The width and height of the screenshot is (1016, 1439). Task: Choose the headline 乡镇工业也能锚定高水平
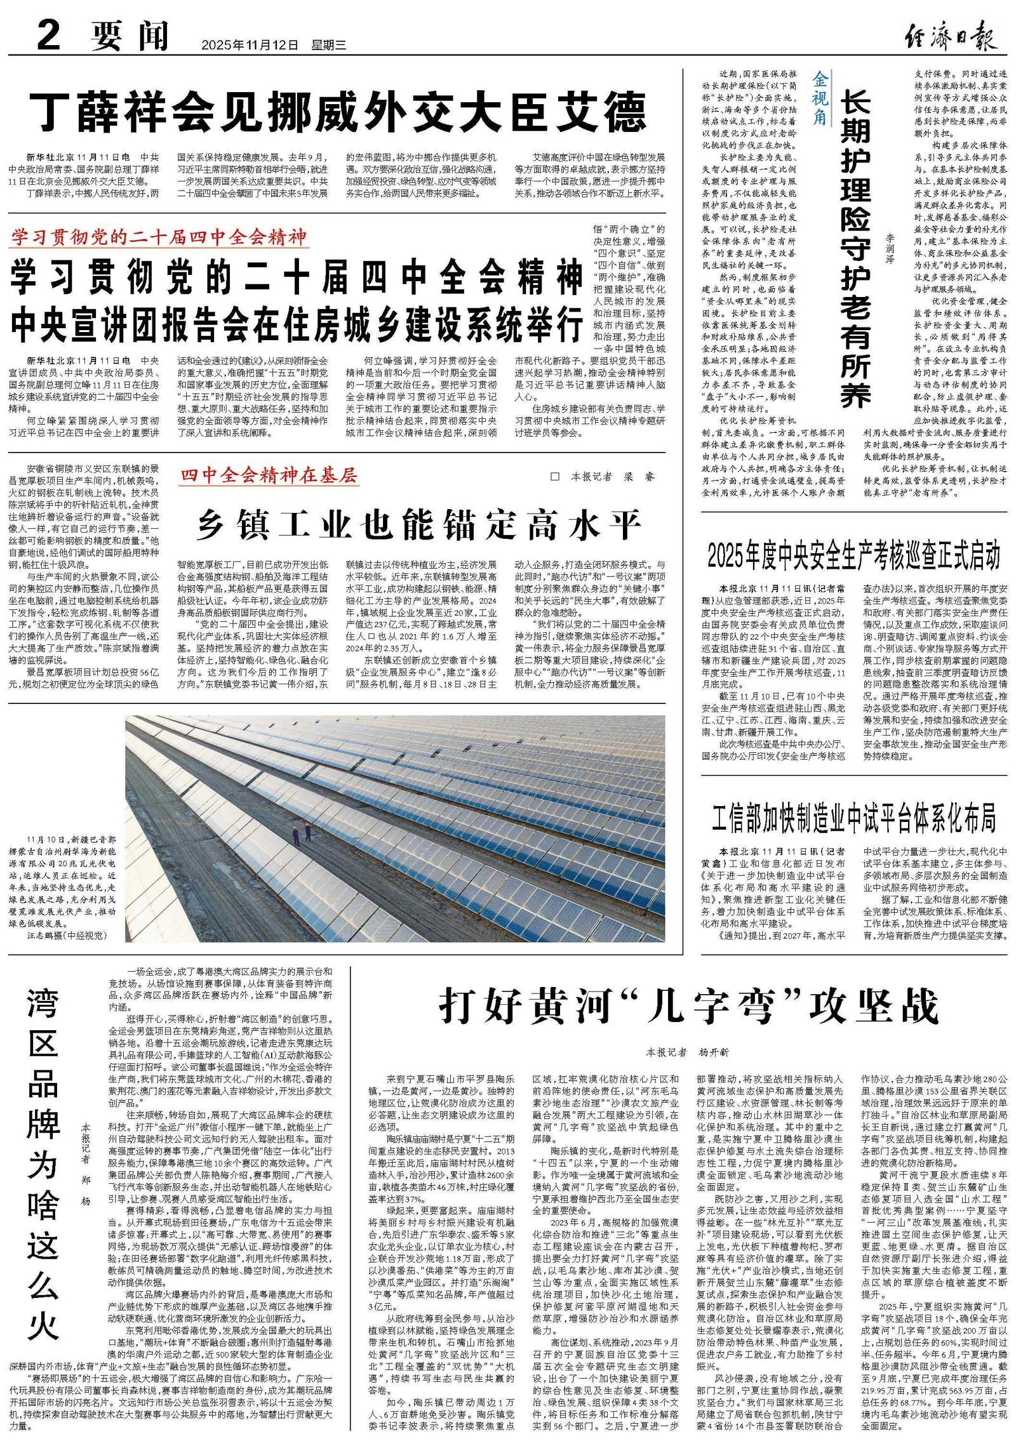pyautogui.click(x=418, y=525)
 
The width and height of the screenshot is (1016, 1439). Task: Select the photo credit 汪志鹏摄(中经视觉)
pyautogui.click(x=67, y=935)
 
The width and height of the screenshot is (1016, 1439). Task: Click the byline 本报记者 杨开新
pyautogui.click(x=688, y=1052)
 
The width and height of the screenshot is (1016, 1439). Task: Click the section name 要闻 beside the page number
pyautogui.click(x=129, y=36)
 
